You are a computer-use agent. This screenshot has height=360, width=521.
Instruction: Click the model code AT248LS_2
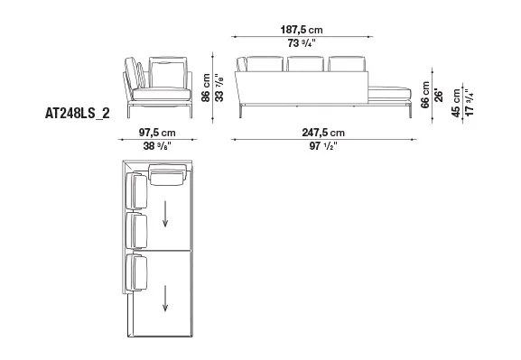coord(77,114)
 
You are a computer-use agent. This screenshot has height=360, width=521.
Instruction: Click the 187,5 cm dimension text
coord(302,30)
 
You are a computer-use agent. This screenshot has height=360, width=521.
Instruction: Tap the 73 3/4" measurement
coord(302,43)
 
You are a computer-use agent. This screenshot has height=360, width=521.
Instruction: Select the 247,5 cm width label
coord(323,133)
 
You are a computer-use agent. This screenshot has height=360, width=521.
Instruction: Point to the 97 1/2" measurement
coord(323,146)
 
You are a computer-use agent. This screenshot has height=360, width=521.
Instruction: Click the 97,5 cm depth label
coord(157,133)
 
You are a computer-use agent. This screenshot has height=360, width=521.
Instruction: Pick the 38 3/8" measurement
coord(157,146)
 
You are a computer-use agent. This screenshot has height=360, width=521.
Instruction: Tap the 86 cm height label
coord(206,88)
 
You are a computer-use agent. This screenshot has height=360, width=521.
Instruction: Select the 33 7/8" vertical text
coord(219,88)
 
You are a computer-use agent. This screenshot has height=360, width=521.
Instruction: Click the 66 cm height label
coord(425,95)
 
